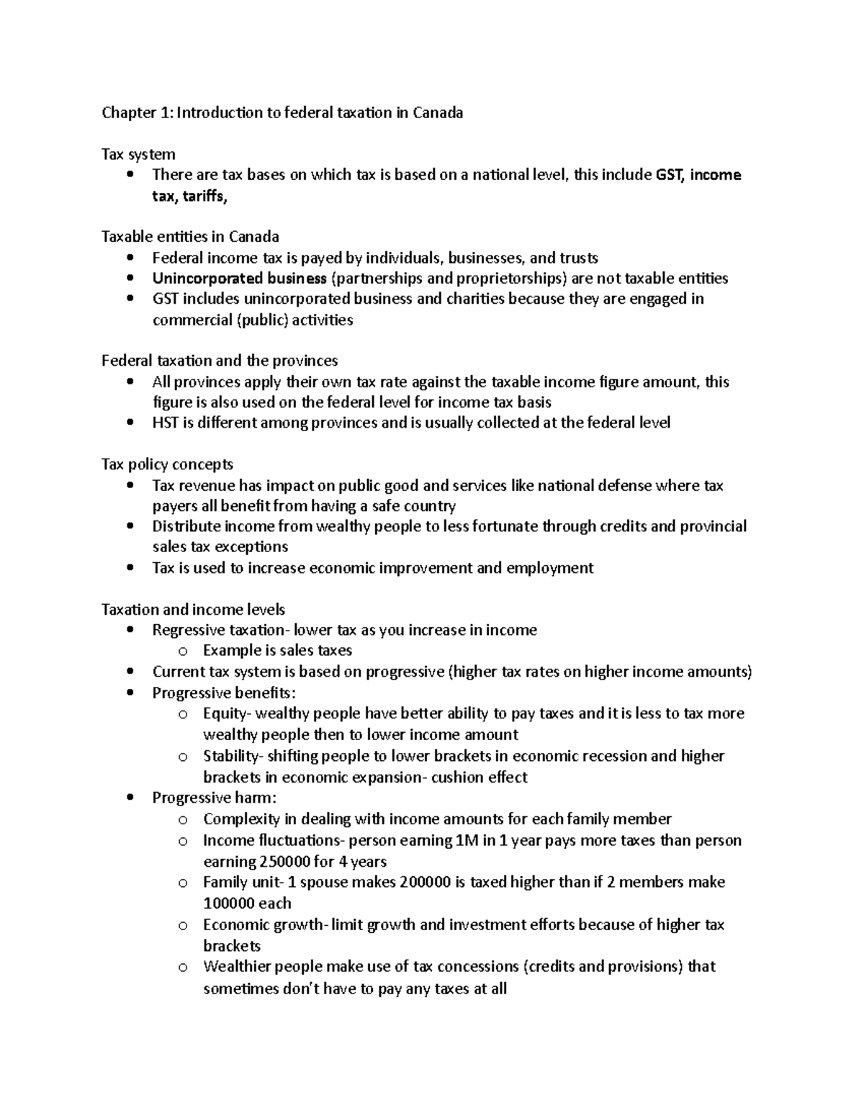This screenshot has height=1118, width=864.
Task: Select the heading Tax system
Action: tap(138, 154)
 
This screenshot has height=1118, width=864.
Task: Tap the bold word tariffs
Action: tap(204, 197)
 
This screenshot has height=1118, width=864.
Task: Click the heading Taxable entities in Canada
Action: tap(190, 237)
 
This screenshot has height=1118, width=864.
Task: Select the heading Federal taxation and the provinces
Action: tap(220, 361)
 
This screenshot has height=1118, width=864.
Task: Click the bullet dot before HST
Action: tap(130, 423)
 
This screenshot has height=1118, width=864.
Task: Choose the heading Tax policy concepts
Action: tap(167, 464)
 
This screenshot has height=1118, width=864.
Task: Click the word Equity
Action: tap(224, 713)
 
